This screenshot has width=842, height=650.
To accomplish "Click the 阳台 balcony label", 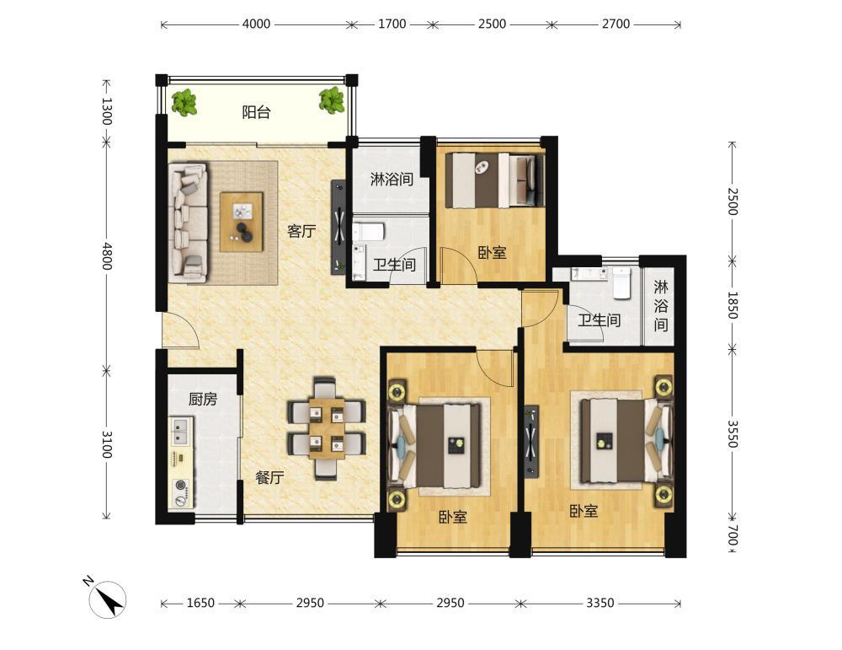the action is (256, 112).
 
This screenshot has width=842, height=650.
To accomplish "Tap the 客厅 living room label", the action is (301, 232).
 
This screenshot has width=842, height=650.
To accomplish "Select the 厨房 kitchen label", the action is (203, 400).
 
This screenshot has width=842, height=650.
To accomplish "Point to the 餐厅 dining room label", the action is (269, 477).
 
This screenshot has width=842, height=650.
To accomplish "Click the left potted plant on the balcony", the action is (184, 102).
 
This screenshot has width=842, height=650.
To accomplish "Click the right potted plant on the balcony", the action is (331, 100).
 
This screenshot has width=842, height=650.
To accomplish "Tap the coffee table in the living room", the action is (242, 222).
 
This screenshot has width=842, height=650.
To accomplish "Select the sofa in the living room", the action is (188, 223).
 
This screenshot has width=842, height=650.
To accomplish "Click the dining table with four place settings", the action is (327, 428).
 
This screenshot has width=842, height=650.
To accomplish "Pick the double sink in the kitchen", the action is (180, 431).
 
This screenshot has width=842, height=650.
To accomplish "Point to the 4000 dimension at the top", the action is (256, 24).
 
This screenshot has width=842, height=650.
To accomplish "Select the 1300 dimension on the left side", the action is (107, 111).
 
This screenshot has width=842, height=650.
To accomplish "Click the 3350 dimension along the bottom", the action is (600, 604).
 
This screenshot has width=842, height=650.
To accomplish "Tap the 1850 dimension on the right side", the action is (733, 305).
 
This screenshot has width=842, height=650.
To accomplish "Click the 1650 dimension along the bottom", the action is (200, 604).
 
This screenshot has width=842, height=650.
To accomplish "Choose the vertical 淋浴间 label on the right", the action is (660, 305).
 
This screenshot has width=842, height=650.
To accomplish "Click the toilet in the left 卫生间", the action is (369, 232).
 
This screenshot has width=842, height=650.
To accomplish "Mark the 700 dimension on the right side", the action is (733, 535).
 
